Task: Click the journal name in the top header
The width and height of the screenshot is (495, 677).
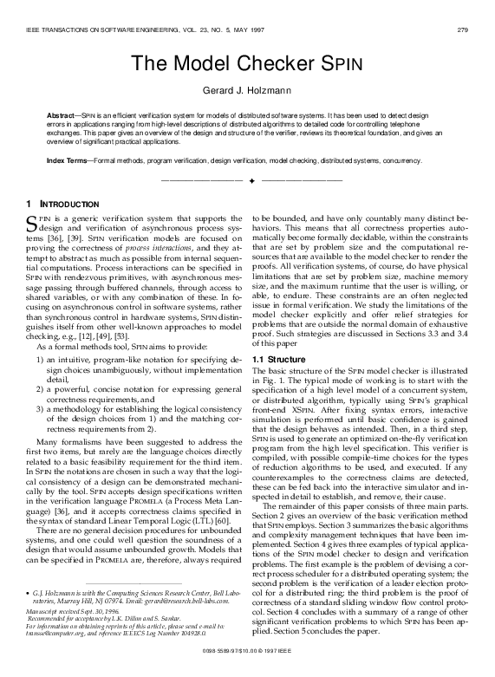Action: (x=121, y=32)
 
